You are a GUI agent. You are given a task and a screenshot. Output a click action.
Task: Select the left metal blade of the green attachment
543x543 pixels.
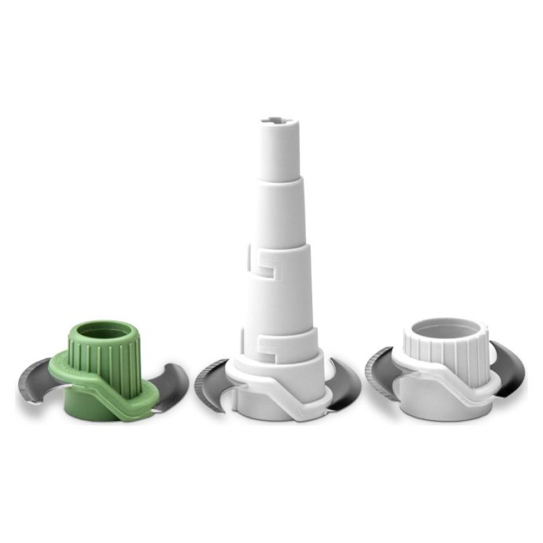pos(37,383)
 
